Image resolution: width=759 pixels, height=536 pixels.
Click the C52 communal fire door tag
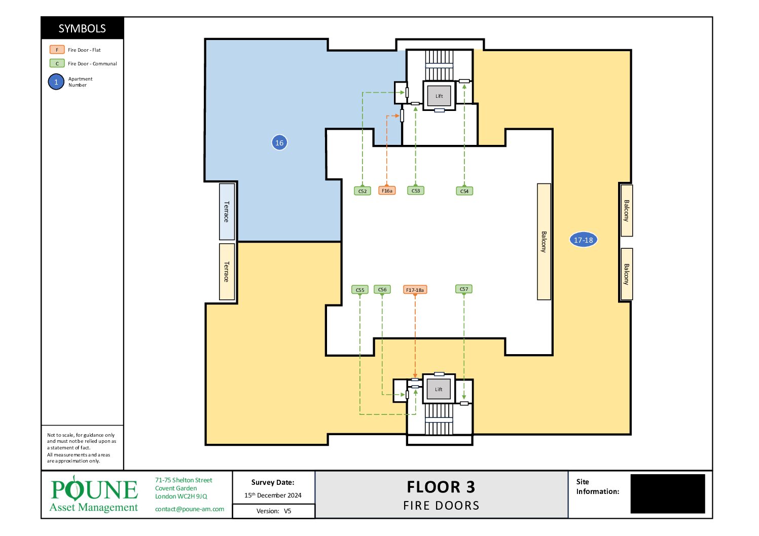(x=362, y=191)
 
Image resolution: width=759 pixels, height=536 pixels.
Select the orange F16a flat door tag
(x=387, y=190)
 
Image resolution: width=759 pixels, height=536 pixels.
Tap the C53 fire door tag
(x=416, y=190)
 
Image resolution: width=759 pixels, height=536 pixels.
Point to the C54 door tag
(x=464, y=191)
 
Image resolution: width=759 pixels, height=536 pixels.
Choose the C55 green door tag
(x=360, y=290)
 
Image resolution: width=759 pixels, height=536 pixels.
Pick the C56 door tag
(x=382, y=289)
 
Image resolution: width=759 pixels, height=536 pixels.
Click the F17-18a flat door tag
(x=415, y=290)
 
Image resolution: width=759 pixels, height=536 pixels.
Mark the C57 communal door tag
(x=464, y=289)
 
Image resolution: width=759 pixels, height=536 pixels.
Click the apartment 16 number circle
(x=279, y=142)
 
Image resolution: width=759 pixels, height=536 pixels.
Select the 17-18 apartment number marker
(x=583, y=240)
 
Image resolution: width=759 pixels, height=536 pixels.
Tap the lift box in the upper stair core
(x=439, y=96)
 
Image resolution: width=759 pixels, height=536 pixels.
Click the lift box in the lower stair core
(x=439, y=389)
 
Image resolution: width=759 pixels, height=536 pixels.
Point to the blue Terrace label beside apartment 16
(x=227, y=212)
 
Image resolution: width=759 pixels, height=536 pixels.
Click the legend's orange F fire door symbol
(x=57, y=50)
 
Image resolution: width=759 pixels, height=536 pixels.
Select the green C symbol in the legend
(x=57, y=63)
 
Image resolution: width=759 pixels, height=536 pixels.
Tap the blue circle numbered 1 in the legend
(x=56, y=82)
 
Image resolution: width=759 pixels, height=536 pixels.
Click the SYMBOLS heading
(x=82, y=28)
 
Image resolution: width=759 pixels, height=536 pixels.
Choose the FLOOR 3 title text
(x=441, y=487)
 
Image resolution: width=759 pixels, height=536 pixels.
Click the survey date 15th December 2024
(x=273, y=495)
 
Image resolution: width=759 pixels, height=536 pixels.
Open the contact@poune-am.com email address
(x=190, y=509)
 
